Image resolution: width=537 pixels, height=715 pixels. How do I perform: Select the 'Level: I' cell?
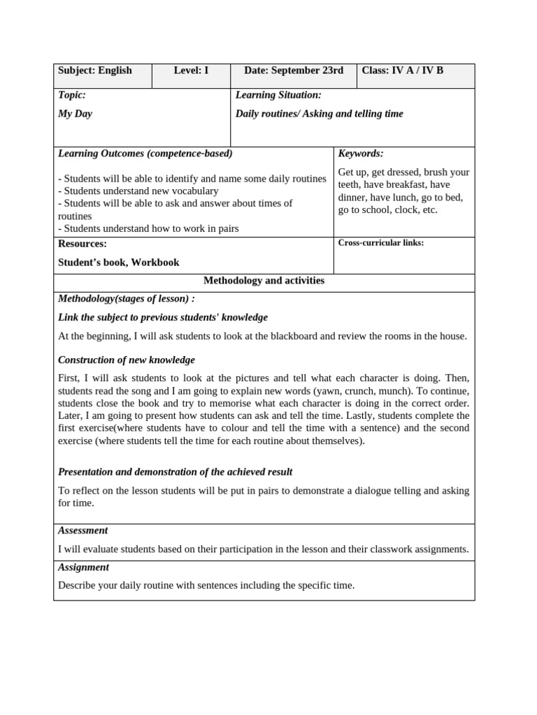click(191, 71)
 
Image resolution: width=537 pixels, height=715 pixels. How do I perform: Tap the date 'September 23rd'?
click(307, 71)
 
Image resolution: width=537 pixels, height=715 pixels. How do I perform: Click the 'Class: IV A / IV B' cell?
click(402, 71)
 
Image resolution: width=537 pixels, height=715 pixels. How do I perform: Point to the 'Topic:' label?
click(72, 95)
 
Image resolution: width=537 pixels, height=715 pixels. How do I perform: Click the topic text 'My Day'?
click(75, 114)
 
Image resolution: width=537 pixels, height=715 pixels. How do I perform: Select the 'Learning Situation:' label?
click(278, 95)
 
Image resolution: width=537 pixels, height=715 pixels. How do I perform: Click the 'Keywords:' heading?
click(361, 154)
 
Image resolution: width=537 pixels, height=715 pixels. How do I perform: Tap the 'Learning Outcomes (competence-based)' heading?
click(145, 154)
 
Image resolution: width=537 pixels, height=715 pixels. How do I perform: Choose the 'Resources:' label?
click(83, 244)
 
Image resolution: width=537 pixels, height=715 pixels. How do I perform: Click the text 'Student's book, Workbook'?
click(119, 263)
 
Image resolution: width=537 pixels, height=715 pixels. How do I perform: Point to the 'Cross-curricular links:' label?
click(381, 243)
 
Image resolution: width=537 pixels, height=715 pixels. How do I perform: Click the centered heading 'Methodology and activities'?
click(264, 281)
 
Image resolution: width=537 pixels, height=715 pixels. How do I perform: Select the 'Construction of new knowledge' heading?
click(127, 360)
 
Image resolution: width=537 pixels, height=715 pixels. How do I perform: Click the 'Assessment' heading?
click(83, 531)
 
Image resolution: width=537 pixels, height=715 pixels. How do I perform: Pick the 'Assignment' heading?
click(83, 568)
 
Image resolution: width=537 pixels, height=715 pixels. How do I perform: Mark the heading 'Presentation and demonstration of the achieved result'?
click(175, 472)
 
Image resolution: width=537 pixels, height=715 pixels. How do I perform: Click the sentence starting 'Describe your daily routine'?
click(206, 585)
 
